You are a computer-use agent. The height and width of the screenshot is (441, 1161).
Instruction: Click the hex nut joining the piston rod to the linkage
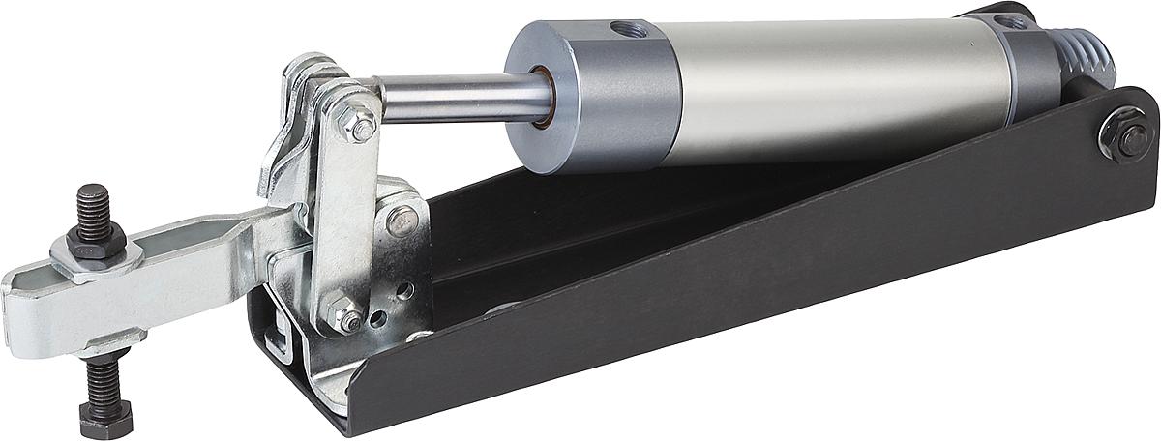tap(362, 126)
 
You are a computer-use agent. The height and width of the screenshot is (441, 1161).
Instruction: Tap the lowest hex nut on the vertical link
tap(344, 314)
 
